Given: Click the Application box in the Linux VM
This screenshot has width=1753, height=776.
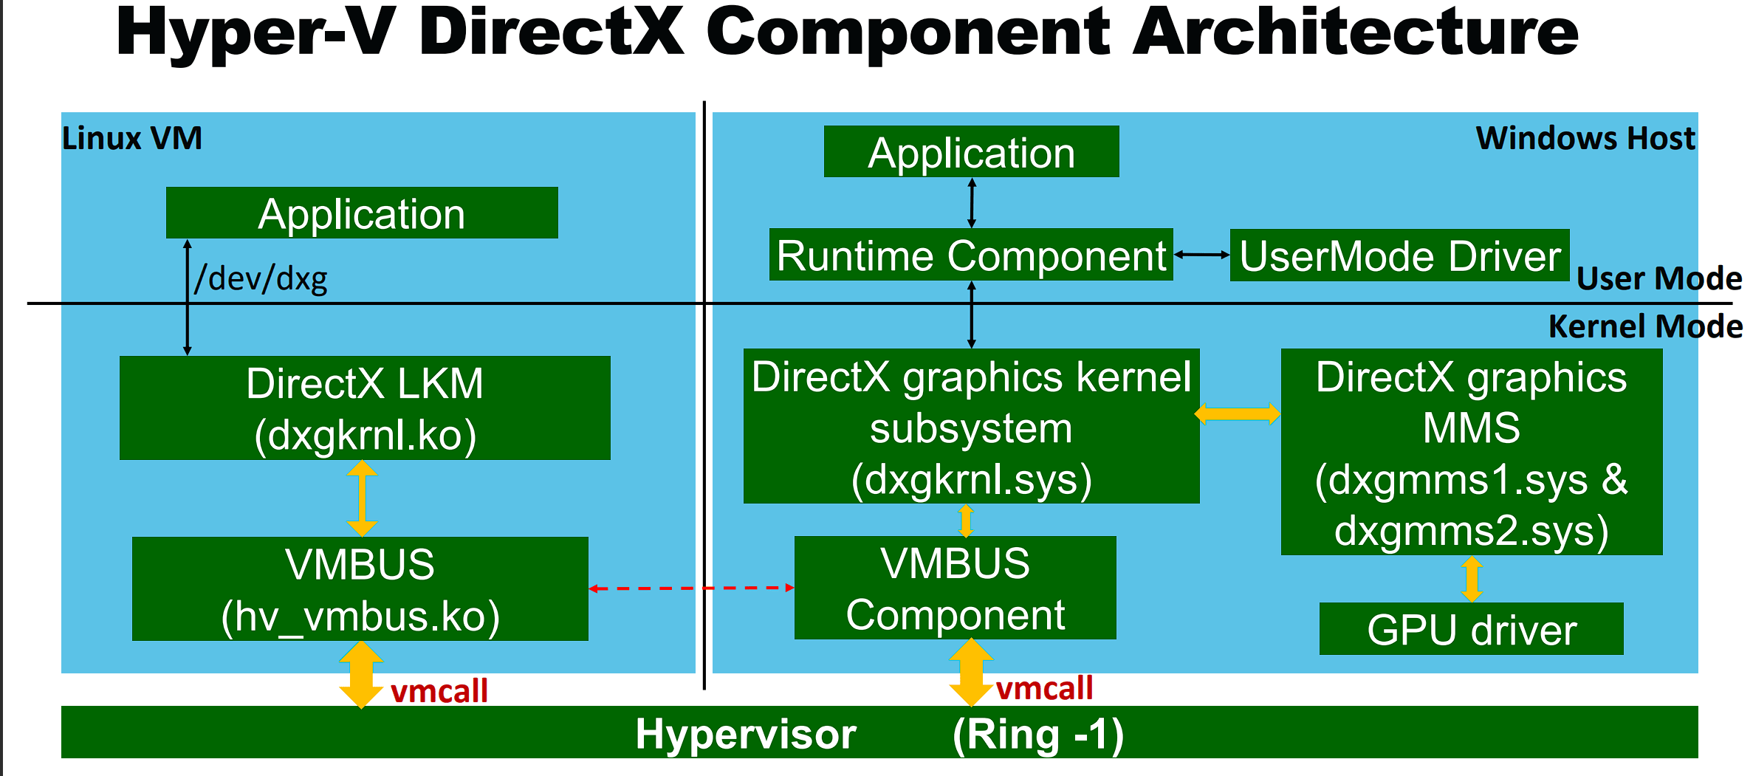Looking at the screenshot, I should pyautogui.click(x=362, y=213).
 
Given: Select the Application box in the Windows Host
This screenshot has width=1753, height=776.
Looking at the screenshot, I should pyautogui.click(x=971, y=152).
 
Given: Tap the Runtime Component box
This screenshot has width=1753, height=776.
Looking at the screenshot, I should pyautogui.click(x=971, y=255).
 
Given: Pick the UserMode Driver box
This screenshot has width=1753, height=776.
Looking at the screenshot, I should pyautogui.click(x=1399, y=255).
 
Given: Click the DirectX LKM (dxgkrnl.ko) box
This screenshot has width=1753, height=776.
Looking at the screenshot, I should pyautogui.click(x=365, y=408).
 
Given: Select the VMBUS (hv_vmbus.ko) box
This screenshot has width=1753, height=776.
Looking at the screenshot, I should pyautogui.click(x=360, y=589).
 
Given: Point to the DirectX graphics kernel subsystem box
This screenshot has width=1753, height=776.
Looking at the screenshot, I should pyautogui.click(x=971, y=427).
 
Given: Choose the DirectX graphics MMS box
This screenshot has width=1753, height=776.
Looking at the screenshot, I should pyautogui.click(x=1471, y=452).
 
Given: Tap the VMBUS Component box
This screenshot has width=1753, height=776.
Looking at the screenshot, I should pyautogui.click(x=955, y=588).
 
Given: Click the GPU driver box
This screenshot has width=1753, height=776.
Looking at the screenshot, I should pyautogui.click(x=1471, y=629).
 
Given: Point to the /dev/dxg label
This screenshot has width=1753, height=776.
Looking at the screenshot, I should pyautogui.click(x=261, y=279).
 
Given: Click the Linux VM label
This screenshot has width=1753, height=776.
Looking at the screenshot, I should pyautogui.click(x=131, y=138).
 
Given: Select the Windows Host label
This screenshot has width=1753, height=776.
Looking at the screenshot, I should pyautogui.click(x=1585, y=138).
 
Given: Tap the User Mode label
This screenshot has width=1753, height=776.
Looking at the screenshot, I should pyautogui.click(x=1658, y=278).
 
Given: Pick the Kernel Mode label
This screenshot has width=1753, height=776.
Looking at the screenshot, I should pyautogui.click(x=1645, y=326).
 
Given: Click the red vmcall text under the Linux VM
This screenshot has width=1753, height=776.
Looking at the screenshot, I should pyautogui.click(x=439, y=691).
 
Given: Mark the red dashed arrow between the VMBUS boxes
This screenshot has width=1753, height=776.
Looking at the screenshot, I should pyautogui.click(x=691, y=588).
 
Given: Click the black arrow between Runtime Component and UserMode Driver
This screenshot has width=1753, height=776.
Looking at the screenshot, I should pyautogui.click(x=1201, y=255).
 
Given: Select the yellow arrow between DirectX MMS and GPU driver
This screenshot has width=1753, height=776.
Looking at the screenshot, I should pyautogui.click(x=1472, y=579).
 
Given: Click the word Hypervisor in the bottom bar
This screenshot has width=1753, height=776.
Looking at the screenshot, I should pyautogui.click(x=746, y=734).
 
